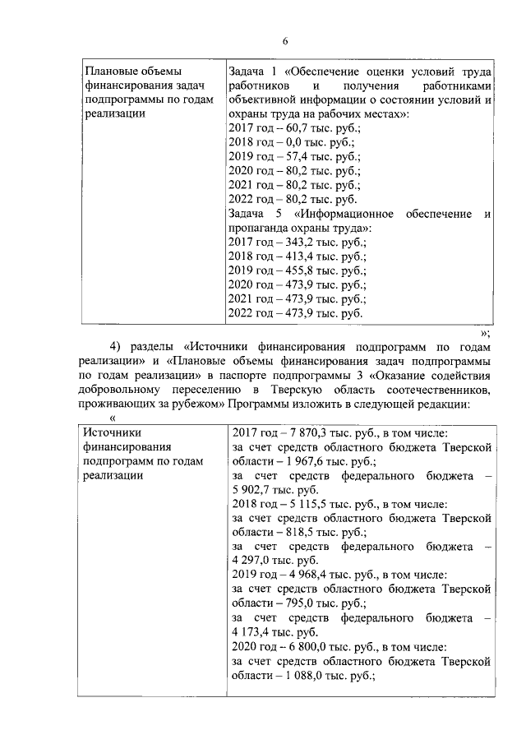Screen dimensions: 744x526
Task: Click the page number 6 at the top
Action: pyautogui.click(x=285, y=42)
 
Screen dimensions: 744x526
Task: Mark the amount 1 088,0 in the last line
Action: pyautogui.click(x=303, y=676)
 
